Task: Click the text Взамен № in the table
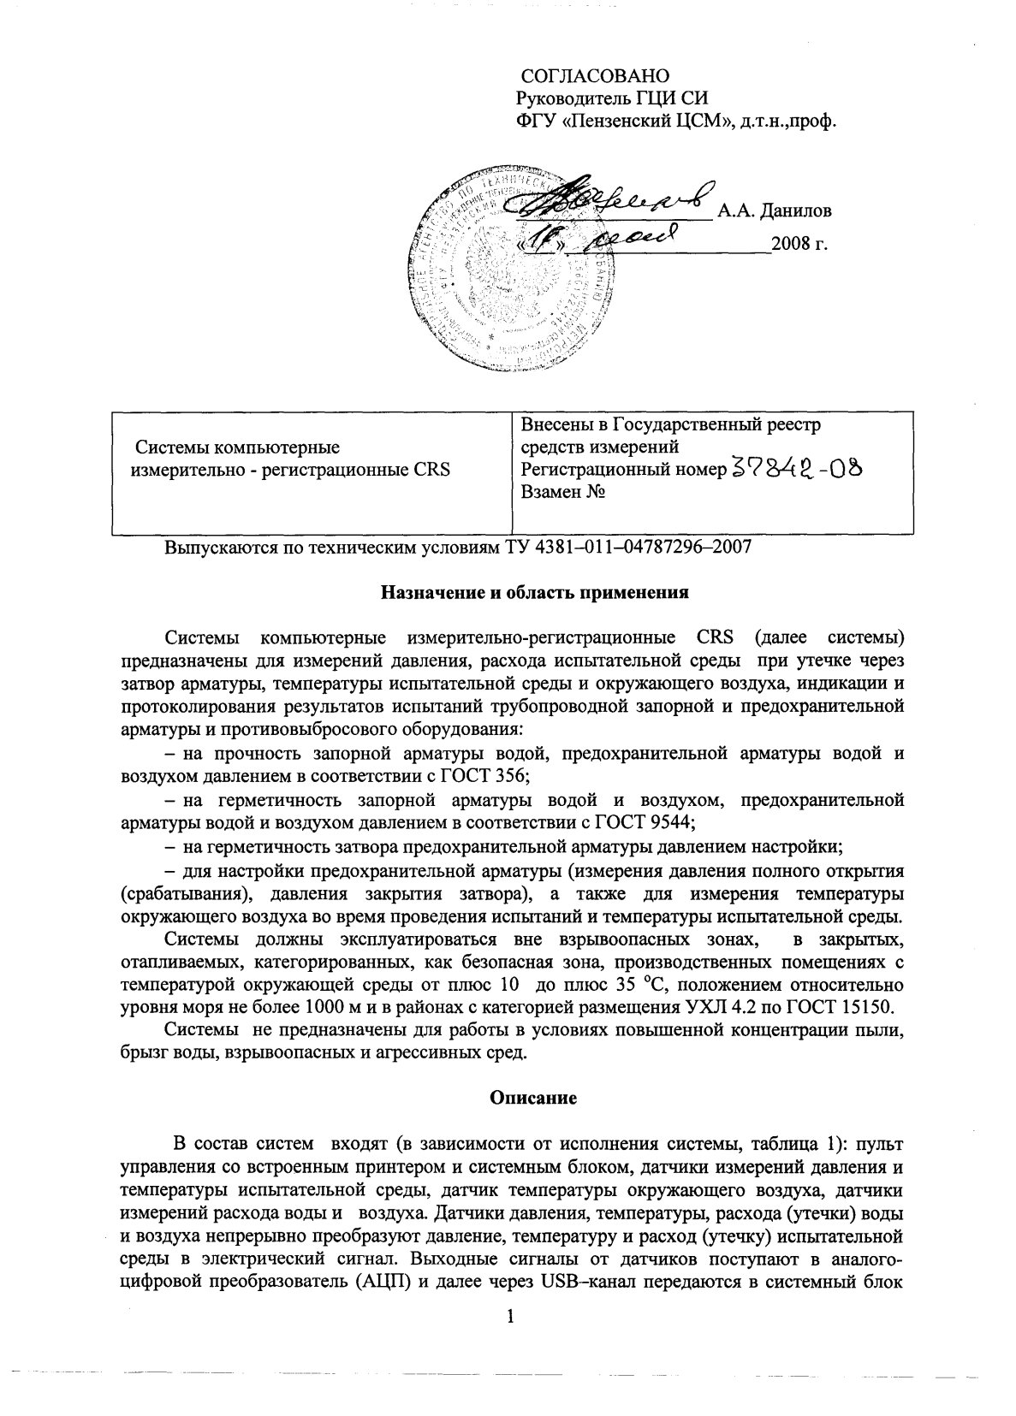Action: click(x=563, y=493)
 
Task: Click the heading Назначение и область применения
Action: click(x=535, y=592)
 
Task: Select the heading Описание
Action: click(x=532, y=1099)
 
